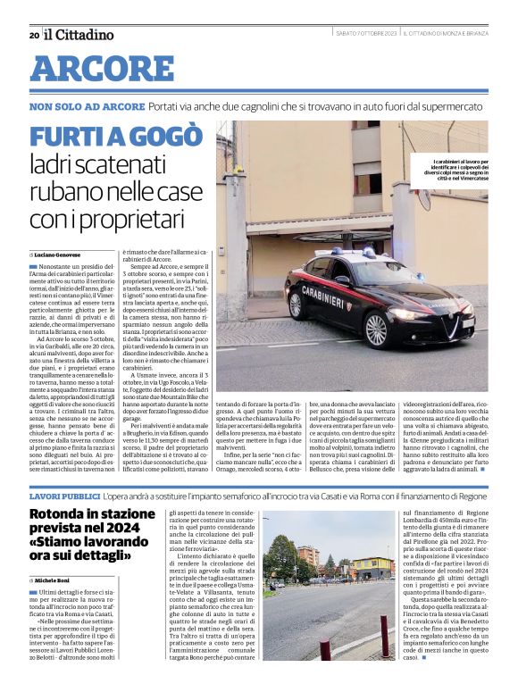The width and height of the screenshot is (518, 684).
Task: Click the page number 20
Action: pos(34,35)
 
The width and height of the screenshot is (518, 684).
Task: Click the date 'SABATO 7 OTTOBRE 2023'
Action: pos(358,35)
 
